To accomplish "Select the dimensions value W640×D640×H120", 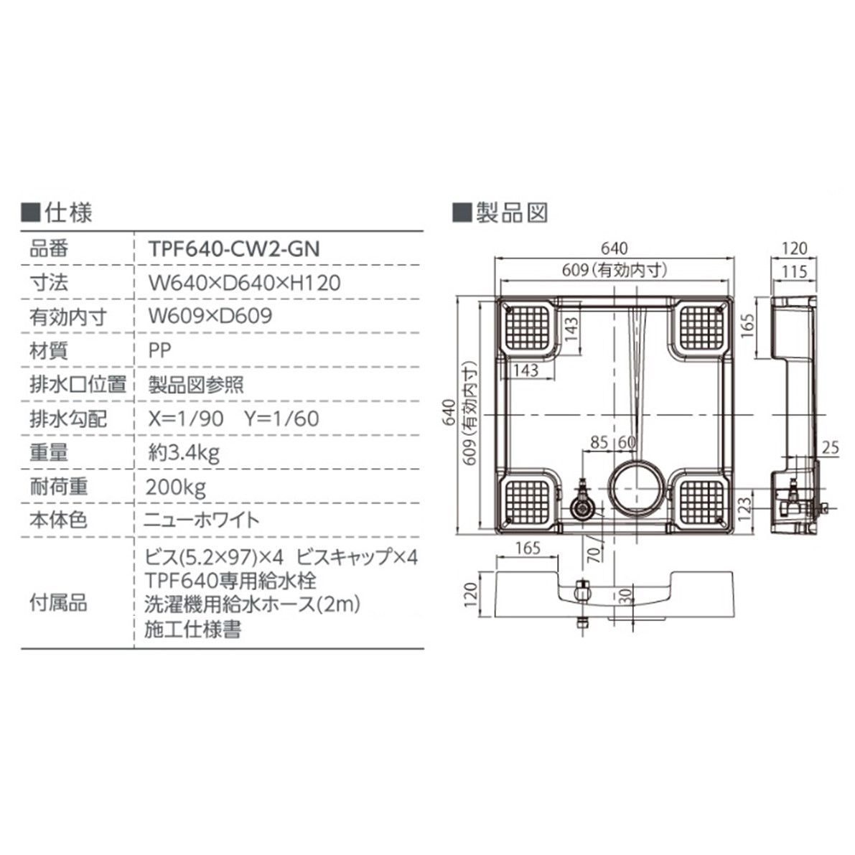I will point(243,282).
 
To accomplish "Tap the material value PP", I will point(160,350).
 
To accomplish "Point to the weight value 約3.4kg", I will point(183,452).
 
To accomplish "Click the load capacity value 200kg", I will point(176,487).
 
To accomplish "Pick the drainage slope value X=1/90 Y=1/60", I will point(233,419).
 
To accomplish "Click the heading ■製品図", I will point(500,212).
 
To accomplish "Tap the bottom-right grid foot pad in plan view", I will point(702,499).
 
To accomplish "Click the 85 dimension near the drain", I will point(599,442).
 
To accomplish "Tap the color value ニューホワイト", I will point(203,520).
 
